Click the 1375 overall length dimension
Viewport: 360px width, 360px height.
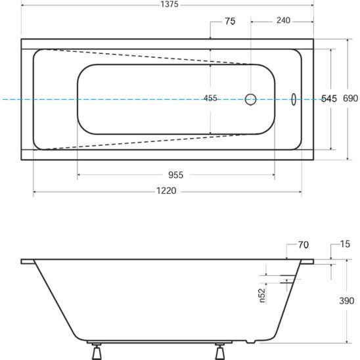click(x=169, y=5)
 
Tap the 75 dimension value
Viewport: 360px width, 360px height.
click(x=230, y=22)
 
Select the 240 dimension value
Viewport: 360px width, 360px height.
click(x=283, y=20)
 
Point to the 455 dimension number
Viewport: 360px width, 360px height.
click(x=210, y=99)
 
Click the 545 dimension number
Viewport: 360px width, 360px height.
click(x=328, y=99)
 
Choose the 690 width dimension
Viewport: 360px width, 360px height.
click(x=350, y=99)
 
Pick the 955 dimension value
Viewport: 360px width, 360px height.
click(x=175, y=175)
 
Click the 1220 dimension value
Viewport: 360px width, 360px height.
click(x=166, y=191)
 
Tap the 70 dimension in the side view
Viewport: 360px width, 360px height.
click(x=304, y=245)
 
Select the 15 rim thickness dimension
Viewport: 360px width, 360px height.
click(x=345, y=244)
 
